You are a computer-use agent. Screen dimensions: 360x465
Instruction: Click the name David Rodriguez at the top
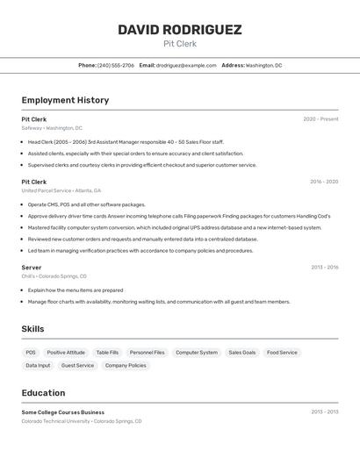[x=180, y=30]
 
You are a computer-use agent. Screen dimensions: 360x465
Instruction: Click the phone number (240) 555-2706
[x=116, y=65]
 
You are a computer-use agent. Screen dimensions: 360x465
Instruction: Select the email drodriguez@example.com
[x=186, y=65]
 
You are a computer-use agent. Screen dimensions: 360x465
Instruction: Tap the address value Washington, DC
[x=263, y=65]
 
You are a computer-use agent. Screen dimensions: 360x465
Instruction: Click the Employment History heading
[x=65, y=100]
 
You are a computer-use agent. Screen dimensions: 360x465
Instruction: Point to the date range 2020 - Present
[x=320, y=119]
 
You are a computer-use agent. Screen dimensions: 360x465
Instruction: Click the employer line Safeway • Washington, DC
[x=52, y=128]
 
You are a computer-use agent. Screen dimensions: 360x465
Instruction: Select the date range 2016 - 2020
[x=323, y=182]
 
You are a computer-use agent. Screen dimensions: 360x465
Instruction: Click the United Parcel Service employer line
[x=61, y=190]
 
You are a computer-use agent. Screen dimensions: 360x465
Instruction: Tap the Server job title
[x=32, y=267]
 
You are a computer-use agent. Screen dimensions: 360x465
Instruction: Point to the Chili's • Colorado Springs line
[x=54, y=275]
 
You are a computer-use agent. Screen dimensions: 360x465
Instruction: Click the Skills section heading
[x=32, y=329]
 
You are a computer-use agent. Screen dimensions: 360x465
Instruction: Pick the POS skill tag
[x=31, y=353]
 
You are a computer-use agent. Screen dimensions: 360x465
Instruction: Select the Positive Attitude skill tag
[x=66, y=353]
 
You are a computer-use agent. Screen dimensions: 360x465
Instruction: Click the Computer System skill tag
[x=196, y=353]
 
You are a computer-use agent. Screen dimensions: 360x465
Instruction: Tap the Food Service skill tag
[x=282, y=353]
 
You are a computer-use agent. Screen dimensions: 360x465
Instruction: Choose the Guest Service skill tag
[x=77, y=365]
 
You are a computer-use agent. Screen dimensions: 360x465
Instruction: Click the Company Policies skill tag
[x=126, y=365]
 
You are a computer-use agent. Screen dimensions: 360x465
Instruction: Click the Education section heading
[x=43, y=393]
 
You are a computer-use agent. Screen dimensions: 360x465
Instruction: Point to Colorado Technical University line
[x=81, y=421]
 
